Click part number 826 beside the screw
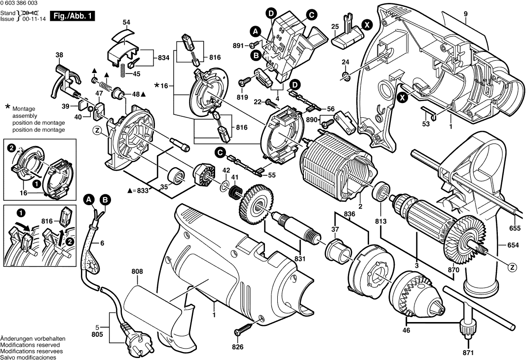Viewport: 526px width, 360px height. click(x=238, y=347)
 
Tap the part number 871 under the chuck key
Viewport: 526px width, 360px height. click(x=468, y=353)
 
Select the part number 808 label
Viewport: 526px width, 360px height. click(x=137, y=271)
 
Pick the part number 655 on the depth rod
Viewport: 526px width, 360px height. click(x=515, y=229)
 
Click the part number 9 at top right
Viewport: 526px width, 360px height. click(x=465, y=14)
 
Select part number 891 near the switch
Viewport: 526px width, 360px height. click(x=238, y=46)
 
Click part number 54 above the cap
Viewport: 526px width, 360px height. click(x=126, y=23)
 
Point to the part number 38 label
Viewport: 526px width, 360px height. click(x=59, y=55)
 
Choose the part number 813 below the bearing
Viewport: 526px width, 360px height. click(x=380, y=221)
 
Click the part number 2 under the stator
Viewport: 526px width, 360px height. click(x=360, y=207)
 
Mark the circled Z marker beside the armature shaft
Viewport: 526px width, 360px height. click(x=513, y=267)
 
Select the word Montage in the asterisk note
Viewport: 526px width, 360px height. click(x=23, y=108)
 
